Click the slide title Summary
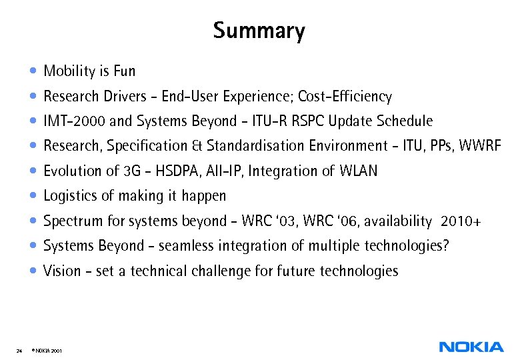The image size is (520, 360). pos(259,31)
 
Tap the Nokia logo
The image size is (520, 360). pos(471,347)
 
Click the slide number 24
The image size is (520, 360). pos(19,349)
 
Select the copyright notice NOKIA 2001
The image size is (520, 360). pos(47,349)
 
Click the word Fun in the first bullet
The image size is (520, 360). pos(125,71)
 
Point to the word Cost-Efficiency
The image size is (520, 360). pos(345,96)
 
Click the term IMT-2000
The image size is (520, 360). pos(73,121)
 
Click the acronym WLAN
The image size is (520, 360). pos(358,171)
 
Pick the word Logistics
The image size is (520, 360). pos(70,196)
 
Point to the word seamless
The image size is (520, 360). pos(185,246)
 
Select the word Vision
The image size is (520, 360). pos(61,271)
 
